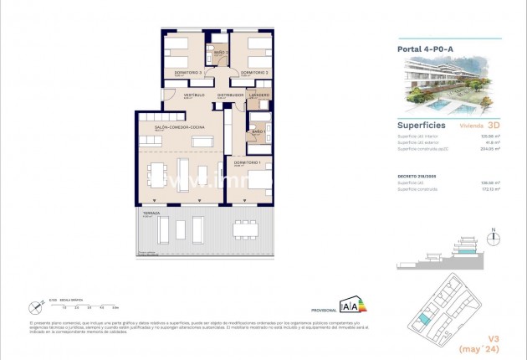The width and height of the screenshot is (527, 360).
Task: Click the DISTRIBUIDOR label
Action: click(230, 95)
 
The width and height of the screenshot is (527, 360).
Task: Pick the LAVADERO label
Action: click(259, 95)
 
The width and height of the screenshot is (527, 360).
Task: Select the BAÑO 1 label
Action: click(258, 131)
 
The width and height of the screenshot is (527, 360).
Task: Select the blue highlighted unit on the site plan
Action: click(426, 319)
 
